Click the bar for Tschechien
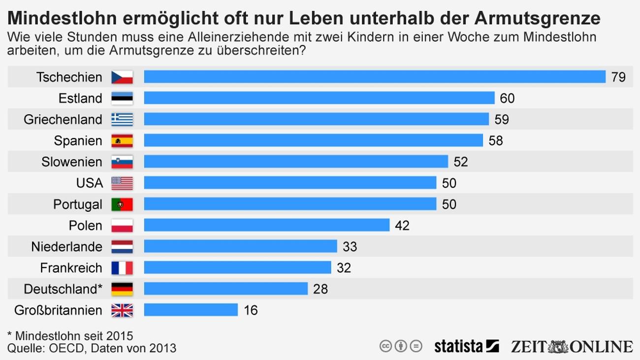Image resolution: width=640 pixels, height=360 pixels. pos(374,77)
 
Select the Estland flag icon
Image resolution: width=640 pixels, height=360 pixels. pos(122,98)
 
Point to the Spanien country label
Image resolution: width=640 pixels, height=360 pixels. pos(78,141)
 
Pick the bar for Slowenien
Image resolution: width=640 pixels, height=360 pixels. pos(296,162)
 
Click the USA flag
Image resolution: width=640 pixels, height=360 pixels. pos(122,183)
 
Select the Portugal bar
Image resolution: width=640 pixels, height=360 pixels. pos(290,204)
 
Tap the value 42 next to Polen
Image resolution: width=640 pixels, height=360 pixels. pos(402,226)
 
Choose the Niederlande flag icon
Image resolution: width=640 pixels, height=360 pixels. pos(122,246)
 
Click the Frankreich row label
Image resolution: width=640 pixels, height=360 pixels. pos(71,268)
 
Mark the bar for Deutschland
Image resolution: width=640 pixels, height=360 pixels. pos(225,289)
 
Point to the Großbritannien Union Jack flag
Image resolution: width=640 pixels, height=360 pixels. pos(122,310)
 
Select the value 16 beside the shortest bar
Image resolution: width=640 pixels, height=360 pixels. pos(251,310)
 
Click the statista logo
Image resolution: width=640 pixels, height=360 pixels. pos(466,346)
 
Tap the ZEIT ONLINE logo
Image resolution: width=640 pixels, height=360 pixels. pos(572,346)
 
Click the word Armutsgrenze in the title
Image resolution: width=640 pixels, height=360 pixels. pos(538,18)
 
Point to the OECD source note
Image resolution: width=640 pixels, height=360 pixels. pos(92,348)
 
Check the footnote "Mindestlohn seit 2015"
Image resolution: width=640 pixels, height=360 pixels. pos(70,336)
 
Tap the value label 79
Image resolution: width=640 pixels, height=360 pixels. pos(618,77)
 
